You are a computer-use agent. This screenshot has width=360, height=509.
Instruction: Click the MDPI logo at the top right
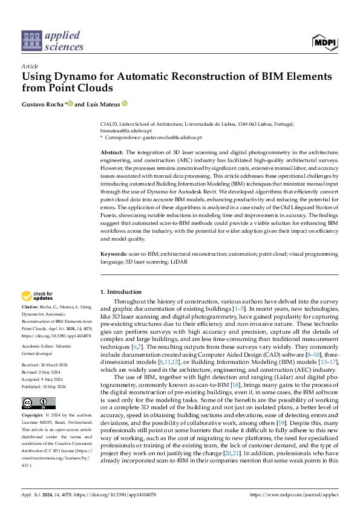(326, 41)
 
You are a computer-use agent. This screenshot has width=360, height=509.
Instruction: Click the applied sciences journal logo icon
(31, 41)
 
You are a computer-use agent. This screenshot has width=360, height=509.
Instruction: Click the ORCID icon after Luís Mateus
(125, 104)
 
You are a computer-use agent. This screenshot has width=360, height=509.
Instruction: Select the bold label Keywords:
(113, 254)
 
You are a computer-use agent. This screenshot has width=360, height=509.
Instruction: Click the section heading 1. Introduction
(120, 292)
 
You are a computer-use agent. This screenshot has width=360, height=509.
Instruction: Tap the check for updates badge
(37, 296)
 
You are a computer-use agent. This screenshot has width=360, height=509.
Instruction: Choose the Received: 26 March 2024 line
(47, 366)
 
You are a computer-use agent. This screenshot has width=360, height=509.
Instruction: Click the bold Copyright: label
(33, 417)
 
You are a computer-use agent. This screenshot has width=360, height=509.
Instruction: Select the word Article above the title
(30, 66)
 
